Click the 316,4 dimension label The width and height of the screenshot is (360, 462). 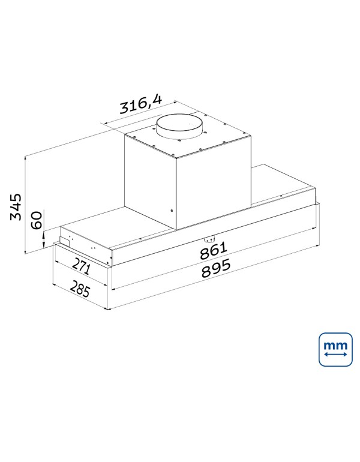click(140, 106)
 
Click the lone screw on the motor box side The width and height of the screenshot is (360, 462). click(172, 211)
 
